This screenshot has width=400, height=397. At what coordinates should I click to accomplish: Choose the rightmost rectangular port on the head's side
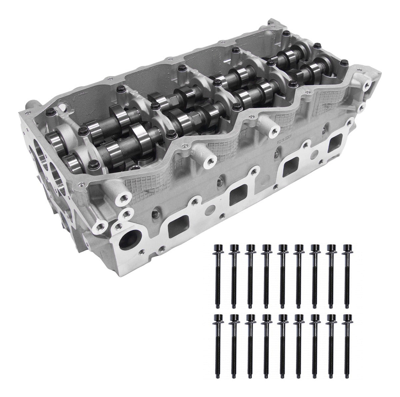pyautogui.click(x=335, y=143)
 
